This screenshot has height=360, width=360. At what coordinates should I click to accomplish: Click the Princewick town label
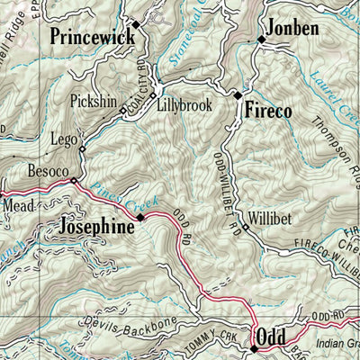coord(93,37)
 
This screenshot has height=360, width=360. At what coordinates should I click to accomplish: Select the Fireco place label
coord(267,111)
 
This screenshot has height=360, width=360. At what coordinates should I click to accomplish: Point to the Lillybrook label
coord(184,105)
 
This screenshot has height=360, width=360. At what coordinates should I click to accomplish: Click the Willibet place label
coord(270,218)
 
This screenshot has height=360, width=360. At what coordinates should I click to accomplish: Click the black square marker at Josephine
coord(139,217)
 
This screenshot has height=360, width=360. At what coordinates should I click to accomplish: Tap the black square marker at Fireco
coord(238,94)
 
